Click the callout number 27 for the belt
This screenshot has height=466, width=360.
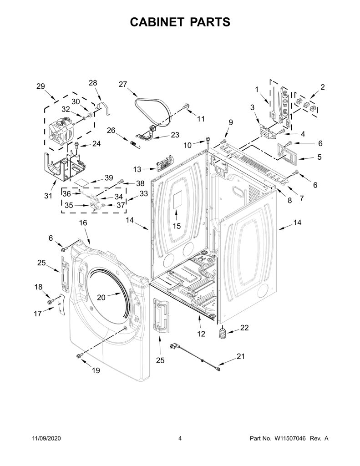tap(123, 84)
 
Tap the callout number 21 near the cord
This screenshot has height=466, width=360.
tap(240, 356)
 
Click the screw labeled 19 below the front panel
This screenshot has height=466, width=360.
tap(80, 355)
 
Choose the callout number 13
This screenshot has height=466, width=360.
tap(137, 169)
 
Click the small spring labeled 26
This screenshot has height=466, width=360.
tap(134, 143)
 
